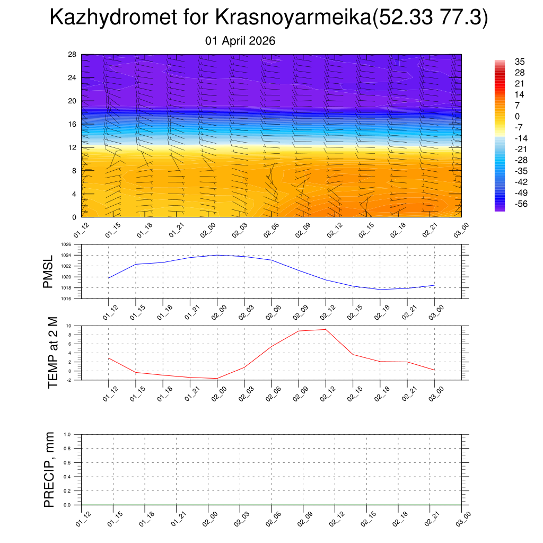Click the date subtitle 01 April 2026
point(240,41)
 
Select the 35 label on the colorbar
point(520,62)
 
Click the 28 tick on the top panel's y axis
point(73,55)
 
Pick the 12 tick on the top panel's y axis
point(73,147)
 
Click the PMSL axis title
point(48,271)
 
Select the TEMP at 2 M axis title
point(52,352)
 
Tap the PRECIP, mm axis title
point(49,469)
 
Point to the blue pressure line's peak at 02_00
point(217,255)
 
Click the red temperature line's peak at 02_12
point(326,329)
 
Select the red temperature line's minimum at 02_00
point(217,378)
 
